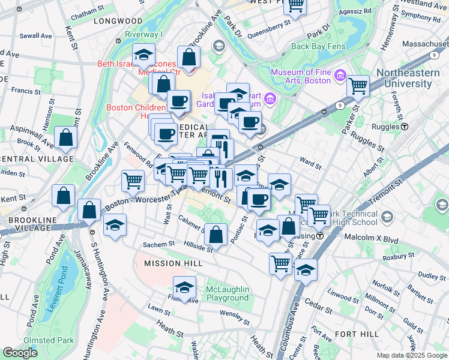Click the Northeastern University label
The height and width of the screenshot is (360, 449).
pos(412,78)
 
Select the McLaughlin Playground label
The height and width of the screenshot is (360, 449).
pos(228,293)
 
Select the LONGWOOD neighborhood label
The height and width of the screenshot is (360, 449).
pos(117,20)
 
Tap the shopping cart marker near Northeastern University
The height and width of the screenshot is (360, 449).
pos(358,86)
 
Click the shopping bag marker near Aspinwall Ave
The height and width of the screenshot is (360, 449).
pos(65,138)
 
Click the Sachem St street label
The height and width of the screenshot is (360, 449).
pos(158,244)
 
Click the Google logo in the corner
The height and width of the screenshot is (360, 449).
pos(20,353)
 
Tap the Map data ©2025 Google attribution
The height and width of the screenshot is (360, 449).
pos(412,355)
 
